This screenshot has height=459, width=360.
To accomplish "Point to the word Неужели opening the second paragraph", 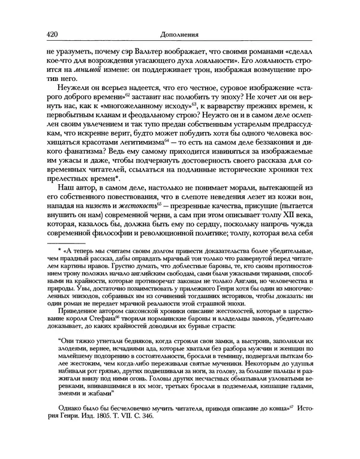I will [64, 102].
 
